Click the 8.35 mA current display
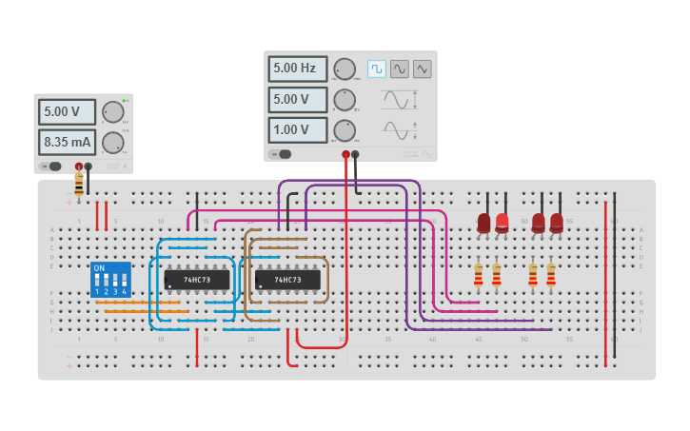[x=67, y=143]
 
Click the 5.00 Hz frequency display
[x=297, y=69]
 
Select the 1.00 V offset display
[x=297, y=129]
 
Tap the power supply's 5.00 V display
[x=67, y=112]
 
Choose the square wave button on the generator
[x=377, y=69]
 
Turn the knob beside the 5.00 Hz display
[x=345, y=69]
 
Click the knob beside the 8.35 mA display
[x=113, y=143]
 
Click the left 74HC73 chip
[x=197, y=280]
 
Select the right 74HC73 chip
[x=287, y=280]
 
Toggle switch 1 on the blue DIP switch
[x=97, y=281]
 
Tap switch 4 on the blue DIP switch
[x=124, y=281]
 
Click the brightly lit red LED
[x=502, y=223]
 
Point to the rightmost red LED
[x=557, y=223]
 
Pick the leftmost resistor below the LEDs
[x=478, y=275]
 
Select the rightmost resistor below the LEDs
[x=550, y=275]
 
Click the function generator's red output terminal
[x=345, y=154]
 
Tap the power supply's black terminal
[x=89, y=167]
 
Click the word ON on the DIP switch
[x=99, y=268]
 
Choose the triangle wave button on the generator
[x=422, y=69]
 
